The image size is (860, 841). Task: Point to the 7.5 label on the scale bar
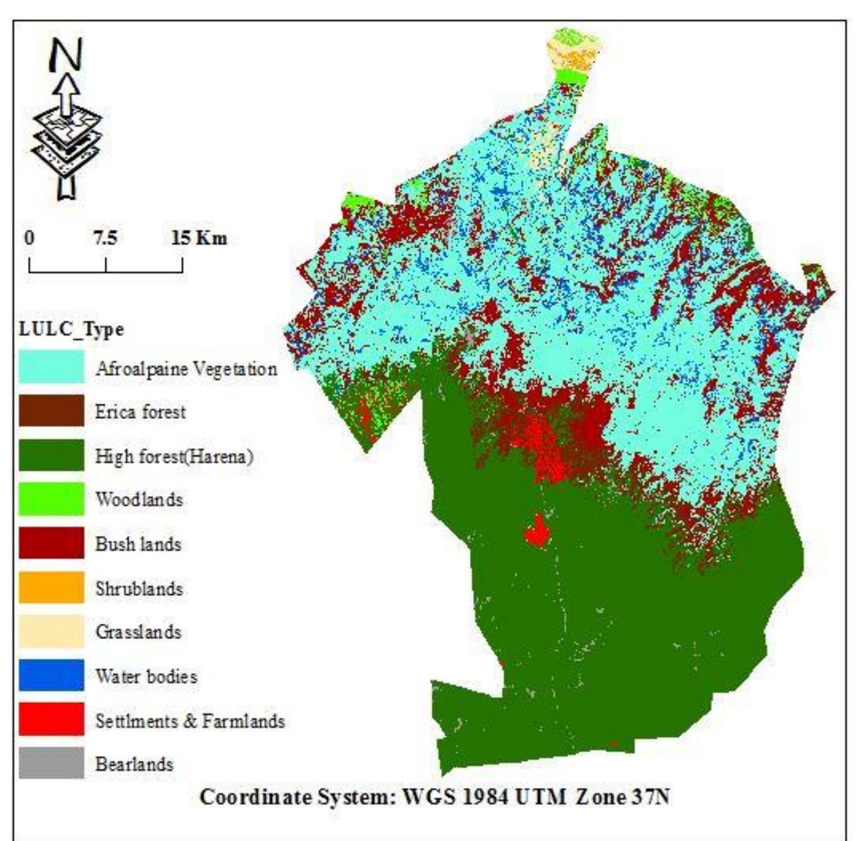(105, 238)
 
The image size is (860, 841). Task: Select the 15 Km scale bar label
(199, 238)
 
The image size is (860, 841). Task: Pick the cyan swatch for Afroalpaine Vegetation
(51, 367)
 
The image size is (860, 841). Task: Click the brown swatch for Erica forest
(51, 411)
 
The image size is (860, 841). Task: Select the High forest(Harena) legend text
(174, 456)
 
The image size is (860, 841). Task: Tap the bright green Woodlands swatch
(51, 499)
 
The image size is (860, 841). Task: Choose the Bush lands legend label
(138, 544)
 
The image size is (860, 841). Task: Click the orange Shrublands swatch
(51, 588)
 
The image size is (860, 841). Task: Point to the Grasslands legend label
(138, 632)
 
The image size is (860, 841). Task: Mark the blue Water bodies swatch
(51, 675)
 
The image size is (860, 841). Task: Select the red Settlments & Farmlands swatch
(51, 719)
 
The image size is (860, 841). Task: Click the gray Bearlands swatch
(51, 763)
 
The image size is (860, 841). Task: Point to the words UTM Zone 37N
(601, 798)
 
